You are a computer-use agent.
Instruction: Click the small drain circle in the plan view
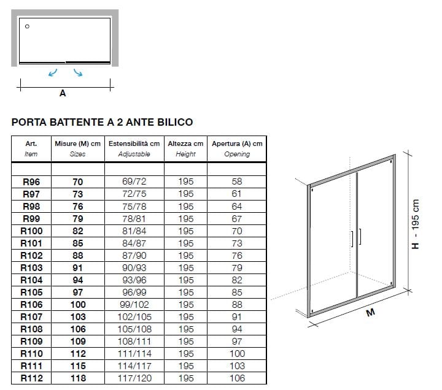(27, 26)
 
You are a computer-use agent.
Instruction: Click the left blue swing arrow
(52, 73)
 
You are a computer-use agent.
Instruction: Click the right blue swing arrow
(78, 72)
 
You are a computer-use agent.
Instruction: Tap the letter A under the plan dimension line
(63, 93)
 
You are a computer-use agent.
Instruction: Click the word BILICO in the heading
(175, 122)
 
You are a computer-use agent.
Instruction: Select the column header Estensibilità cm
(134, 143)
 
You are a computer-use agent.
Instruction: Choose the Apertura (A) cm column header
(237, 143)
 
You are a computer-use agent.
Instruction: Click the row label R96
(31, 182)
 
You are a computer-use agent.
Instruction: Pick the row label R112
(31, 378)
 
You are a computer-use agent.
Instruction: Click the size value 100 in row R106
(78, 305)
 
